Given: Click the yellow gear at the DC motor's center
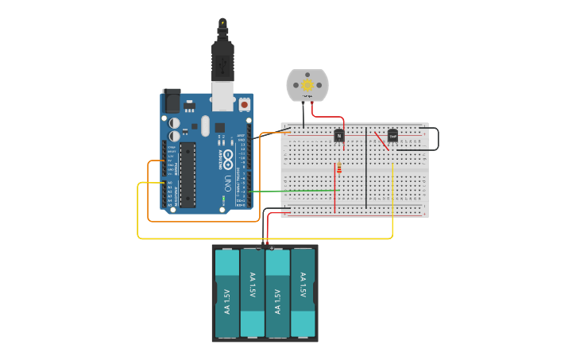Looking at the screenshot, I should [307, 85].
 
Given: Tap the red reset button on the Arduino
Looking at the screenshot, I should [244, 104].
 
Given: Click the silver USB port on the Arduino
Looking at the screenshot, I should [222, 95].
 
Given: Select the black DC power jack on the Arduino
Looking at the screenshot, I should [171, 101].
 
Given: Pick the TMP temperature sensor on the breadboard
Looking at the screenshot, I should [392, 136].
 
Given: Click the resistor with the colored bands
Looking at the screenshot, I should [340, 168].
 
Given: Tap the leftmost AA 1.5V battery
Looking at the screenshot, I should [227, 292].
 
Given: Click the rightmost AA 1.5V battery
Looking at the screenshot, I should [303, 292].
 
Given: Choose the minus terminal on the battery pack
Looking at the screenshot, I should [259, 249].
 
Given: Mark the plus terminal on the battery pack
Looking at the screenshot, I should [271, 249].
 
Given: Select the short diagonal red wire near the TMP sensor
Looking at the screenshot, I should [381, 141].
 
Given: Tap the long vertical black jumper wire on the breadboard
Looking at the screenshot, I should [366, 167].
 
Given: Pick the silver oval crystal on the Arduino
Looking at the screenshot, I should [205, 126].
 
